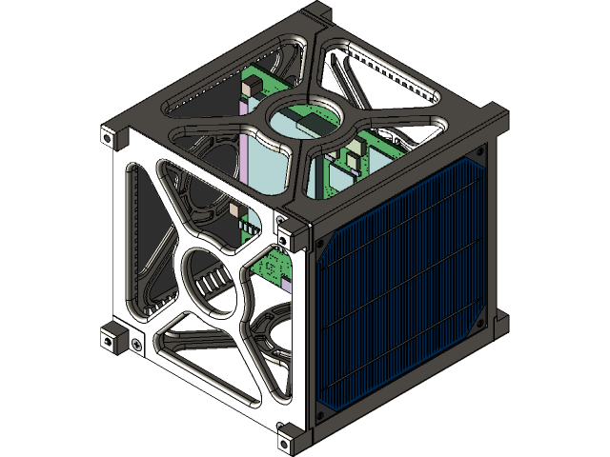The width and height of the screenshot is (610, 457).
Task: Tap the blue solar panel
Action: [x=405, y=286]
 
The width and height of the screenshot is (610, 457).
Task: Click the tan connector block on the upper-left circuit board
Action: [x=250, y=87]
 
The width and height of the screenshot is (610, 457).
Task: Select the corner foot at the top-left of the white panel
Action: [x=112, y=135]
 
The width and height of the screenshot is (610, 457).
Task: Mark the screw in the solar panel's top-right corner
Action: [x=479, y=152]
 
